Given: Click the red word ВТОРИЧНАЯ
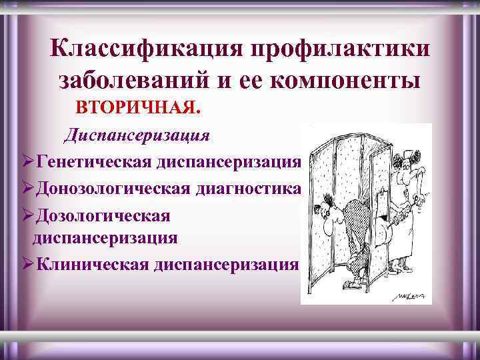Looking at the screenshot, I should [x=136, y=107].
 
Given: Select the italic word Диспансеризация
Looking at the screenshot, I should [x=137, y=135].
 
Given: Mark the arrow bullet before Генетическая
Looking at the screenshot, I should [x=27, y=162].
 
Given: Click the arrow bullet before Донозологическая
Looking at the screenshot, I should [x=27, y=189].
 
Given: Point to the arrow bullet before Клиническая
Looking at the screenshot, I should [x=27, y=265].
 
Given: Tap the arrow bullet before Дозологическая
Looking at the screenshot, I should [x=27, y=217].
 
